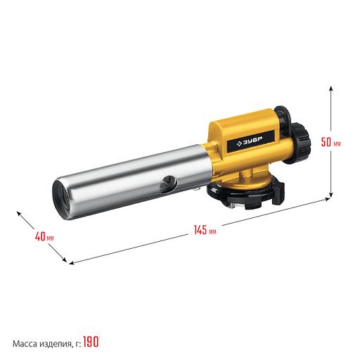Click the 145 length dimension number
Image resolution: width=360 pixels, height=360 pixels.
coord(200,230)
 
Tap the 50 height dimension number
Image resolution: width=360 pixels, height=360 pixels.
coord(326,142)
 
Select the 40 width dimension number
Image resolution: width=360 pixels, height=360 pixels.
coord(40,236)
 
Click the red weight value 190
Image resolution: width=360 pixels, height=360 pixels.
coord(91,342)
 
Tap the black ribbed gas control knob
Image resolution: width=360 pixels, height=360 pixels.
coord(300,143)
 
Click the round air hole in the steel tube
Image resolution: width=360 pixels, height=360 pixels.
coord(168,184)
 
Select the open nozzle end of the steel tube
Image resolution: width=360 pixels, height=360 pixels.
coord(61,199)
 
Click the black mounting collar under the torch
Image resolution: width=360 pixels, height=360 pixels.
coord(246,195)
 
